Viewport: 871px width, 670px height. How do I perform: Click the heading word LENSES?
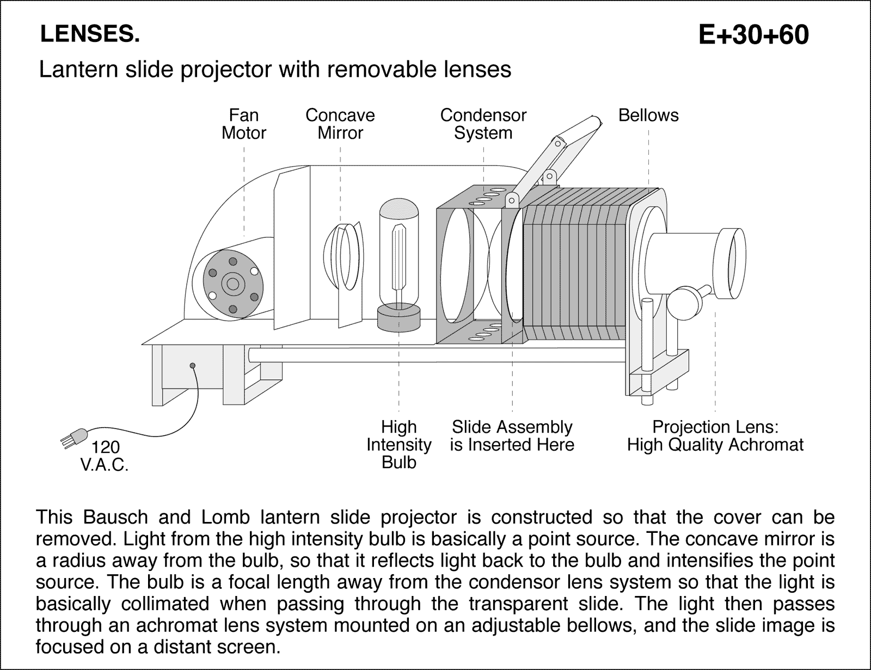(x=90, y=34)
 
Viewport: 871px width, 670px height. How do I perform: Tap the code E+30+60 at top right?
(x=753, y=35)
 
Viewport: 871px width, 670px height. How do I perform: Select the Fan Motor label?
(x=243, y=124)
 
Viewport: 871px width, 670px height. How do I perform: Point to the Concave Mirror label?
(x=340, y=124)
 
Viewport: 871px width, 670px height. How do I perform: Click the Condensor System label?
(x=483, y=124)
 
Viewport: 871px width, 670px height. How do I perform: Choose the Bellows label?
(x=648, y=115)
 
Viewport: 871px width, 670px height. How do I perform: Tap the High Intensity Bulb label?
(x=398, y=444)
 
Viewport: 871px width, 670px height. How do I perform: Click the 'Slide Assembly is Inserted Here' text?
(x=512, y=435)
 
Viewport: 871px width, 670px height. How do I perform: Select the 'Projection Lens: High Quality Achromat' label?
(x=715, y=435)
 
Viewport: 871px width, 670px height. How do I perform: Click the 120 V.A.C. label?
(x=105, y=456)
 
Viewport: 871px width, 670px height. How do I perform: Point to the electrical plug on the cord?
(x=73, y=438)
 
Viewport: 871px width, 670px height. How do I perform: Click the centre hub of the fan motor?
(x=234, y=284)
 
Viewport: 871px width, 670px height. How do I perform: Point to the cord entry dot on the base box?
(x=192, y=365)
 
